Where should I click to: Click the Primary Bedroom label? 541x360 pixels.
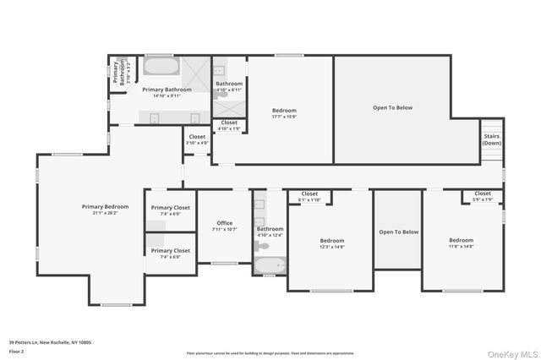pyautogui.click(x=105, y=206)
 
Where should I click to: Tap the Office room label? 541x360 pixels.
pyautogui.click(x=224, y=223)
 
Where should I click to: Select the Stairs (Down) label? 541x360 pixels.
pyautogui.click(x=491, y=139)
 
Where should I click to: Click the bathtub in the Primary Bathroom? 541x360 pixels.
pyautogui.click(x=159, y=66)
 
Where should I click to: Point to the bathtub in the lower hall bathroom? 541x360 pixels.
pyautogui.click(x=270, y=266)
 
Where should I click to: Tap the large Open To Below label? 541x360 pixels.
pyautogui.click(x=392, y=107)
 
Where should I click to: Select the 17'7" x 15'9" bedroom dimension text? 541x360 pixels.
pyautogui.click(x=284, y=117)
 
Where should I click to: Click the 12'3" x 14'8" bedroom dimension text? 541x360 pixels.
pyautogui.click(x=331, y=247)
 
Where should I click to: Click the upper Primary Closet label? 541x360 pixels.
pyautogui.click(x=171, y=207)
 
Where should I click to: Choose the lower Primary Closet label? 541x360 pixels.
pyautogui.click(x=171, y=250)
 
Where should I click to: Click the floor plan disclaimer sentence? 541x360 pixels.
pyautogui.click(x=270, y=353)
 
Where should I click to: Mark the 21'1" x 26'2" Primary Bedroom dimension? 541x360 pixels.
pyautogui.click(x=105, y=213)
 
